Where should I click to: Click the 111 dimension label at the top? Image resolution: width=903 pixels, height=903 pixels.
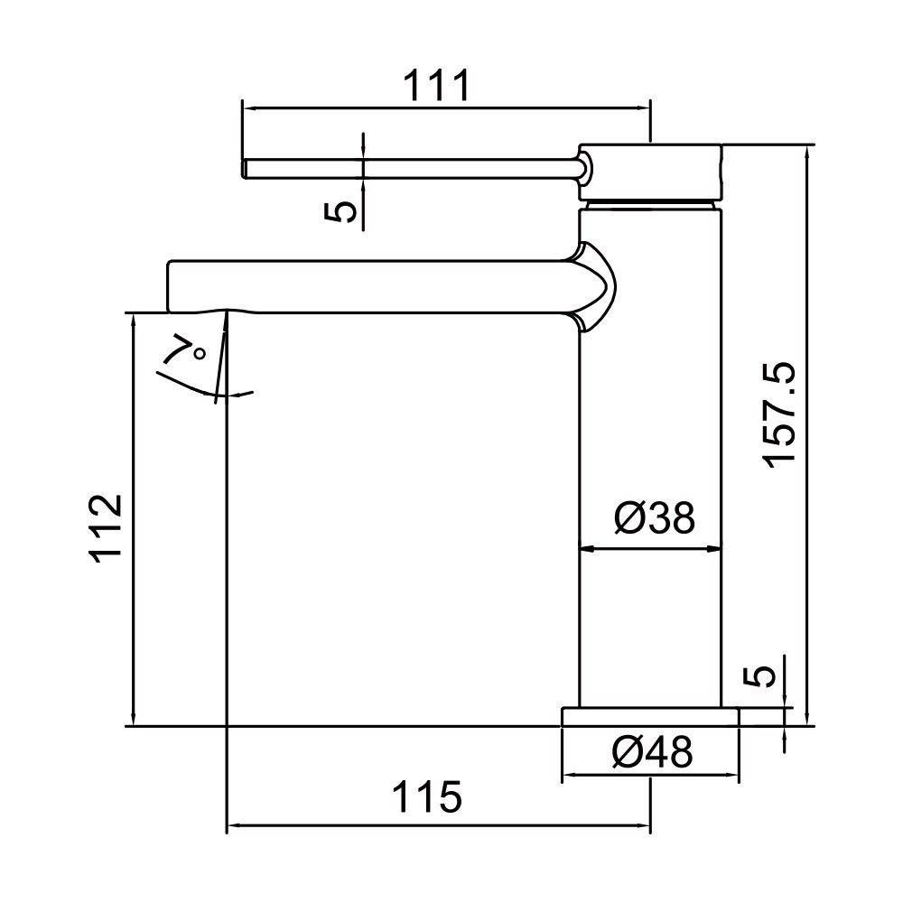point(436,85)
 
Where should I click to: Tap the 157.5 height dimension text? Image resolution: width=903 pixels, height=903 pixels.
point(778,415)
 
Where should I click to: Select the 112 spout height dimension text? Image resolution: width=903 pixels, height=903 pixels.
point(106,528)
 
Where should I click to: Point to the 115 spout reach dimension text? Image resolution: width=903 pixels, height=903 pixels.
point(427,797)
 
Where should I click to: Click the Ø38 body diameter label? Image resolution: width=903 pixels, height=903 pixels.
point(655,517)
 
